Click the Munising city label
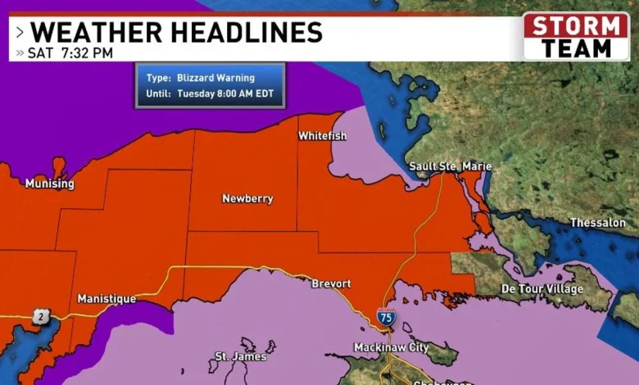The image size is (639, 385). pos(49,183)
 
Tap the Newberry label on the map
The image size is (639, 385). pos(247,198)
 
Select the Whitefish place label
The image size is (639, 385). pos(322,135)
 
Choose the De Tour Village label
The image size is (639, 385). pos(542,289)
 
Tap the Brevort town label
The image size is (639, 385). pos(331,283)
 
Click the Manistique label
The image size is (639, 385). pos(106,299)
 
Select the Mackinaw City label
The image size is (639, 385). pos(391,347)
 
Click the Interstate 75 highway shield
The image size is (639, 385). pos(386,315)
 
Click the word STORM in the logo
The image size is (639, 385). pos(576,25)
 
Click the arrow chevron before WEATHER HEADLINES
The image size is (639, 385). pos(19,33)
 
